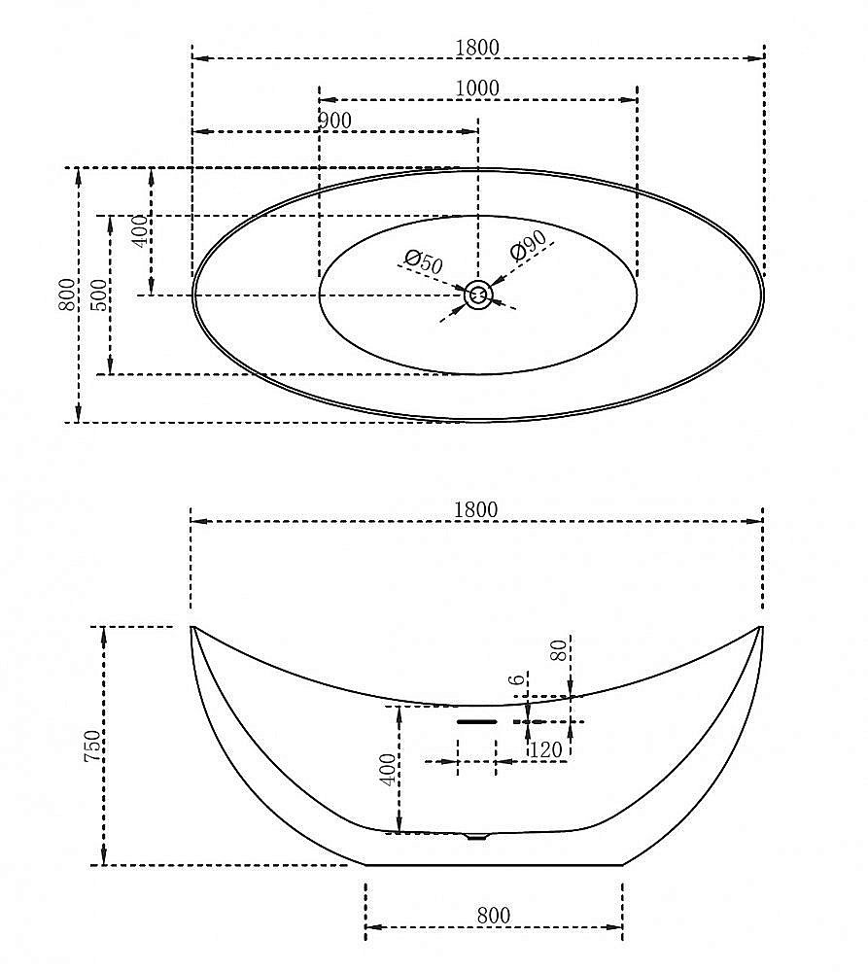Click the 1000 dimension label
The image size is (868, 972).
(x=477, y=88)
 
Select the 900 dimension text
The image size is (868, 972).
(x=334, y=121)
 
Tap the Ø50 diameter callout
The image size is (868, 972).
(x=424, y=262)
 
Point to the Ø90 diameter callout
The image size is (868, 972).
(x=528, y=246)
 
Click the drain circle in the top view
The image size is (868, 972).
(x=478, y=295)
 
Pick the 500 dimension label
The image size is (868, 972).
(x=99, y=295)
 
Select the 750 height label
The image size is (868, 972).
(x=91, y=746)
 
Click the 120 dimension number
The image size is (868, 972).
(x=545, y=750)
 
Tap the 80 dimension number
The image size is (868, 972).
(x=559, y=650)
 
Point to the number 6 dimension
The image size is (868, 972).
(x=516, y=679)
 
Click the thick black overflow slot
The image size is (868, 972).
(x=477, y=722)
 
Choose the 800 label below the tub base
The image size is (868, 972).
(x=494, y=915)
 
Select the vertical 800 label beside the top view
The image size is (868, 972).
(x=67, y=295)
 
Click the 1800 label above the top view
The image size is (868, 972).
(x=477, y=48)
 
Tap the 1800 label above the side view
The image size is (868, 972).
(x=476, y=510)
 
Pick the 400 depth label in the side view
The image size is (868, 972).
(x=388, y=770)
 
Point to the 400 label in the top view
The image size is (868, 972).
(x=142, y=231)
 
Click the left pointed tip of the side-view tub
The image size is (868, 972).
(x=191, y=627)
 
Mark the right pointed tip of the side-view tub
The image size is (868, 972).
(x=761, y=627)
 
